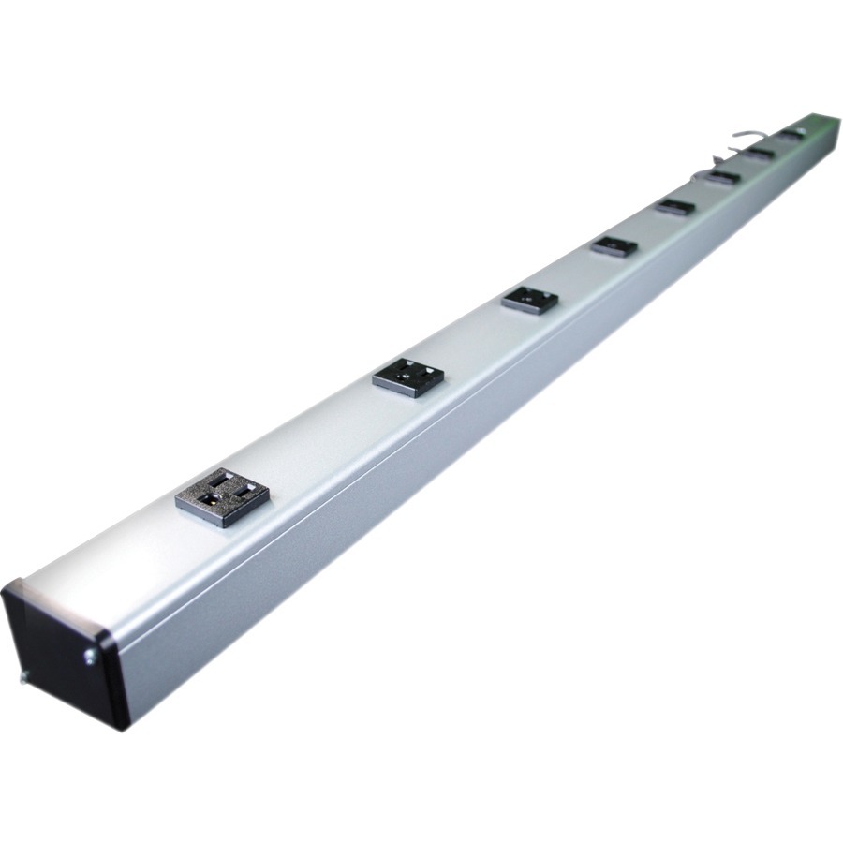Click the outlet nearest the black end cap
[x=222, y=497]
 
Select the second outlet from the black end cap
[x=408, y=377]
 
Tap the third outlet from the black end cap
[x=529, y=300]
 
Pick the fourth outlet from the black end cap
[x=614, y=246]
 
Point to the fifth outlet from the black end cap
[x=675, y=206]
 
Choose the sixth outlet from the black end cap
[x=723, y=176]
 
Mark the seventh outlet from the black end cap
[x=761, y=152]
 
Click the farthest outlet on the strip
[x=791, y=133]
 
